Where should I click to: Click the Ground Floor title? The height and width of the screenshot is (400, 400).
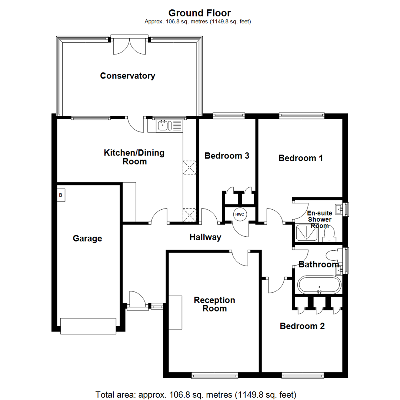(200, 13)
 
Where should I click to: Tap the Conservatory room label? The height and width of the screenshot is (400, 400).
(127, 76)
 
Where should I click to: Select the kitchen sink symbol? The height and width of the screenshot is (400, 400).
(163, 126)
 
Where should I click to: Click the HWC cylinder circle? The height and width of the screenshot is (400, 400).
(239, 214)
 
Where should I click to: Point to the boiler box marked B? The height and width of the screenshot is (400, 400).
(61, 195)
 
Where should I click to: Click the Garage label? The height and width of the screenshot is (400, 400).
(87, 239)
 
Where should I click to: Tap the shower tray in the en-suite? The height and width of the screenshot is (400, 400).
(307, 234)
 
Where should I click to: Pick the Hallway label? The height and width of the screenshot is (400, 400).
(205, 237)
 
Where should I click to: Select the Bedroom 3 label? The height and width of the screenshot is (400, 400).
(227, 156)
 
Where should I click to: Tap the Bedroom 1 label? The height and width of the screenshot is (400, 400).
(301, 158)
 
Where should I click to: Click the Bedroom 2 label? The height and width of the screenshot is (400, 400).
(302, 326)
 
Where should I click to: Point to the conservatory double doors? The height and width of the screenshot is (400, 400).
(130, 45)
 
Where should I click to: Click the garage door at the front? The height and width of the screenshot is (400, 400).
(88, 326)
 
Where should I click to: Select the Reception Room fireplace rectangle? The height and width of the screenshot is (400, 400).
(176, 313)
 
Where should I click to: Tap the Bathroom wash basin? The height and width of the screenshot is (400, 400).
(340, 270)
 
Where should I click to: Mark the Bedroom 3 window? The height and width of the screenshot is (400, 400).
(229, 116)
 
